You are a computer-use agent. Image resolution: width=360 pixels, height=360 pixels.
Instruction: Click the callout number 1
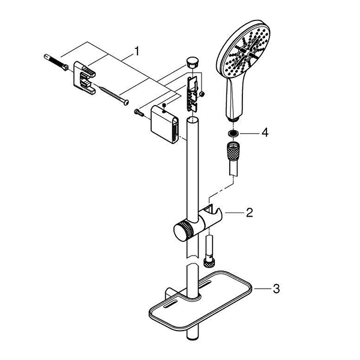click(x=137, y=51)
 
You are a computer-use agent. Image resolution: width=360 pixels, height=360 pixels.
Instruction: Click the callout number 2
click(x=250, y=213)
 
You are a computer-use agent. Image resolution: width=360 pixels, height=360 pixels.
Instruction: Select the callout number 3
click(x=276, y=289)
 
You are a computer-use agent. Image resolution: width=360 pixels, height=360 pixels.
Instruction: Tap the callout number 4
click(x=265, y=133)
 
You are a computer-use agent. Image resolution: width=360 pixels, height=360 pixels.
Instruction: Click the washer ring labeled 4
click(x=233, y=133)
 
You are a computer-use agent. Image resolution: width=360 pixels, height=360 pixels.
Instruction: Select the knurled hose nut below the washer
click(x=233, y=150)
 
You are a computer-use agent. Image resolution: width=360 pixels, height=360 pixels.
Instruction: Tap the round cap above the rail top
click(x=193, y=62)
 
